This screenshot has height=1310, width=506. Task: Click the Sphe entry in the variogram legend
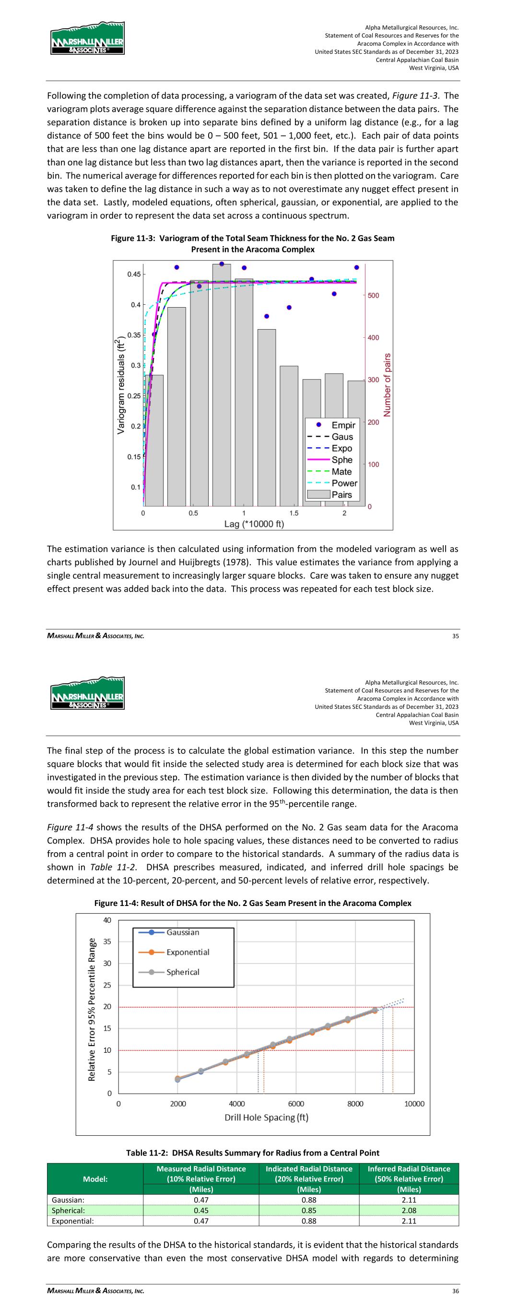tap(342, 460)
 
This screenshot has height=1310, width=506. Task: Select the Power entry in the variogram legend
tap(344, 483)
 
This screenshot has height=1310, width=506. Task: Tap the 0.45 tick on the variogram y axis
tap(134, 274)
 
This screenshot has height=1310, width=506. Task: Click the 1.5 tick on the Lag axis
tap(294, 513)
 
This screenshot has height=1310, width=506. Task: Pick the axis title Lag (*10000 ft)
tap(254, 524)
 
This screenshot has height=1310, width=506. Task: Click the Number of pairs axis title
tap(388, 385)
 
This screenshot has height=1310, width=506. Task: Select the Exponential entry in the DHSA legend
tap(188, 952)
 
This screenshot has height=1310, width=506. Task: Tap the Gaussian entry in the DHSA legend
tap(183, 932)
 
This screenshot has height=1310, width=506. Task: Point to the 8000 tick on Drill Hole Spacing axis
tap(355, 1104)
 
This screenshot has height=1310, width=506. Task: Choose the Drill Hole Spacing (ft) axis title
tap(267, 1117)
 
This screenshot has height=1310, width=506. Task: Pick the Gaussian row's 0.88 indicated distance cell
tap(309, 1200)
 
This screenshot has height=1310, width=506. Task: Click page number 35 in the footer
tap(455, 636)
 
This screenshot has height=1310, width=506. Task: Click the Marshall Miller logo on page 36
tap(87, 693)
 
